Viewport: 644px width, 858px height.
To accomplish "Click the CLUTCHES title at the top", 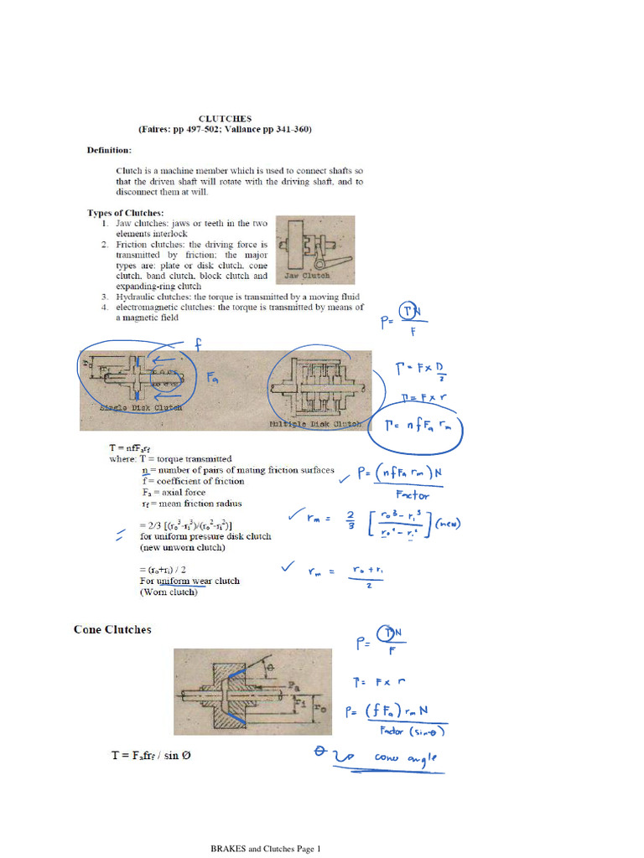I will click(x=225, y=119).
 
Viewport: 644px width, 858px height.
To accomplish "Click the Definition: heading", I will click(x=110, y=151).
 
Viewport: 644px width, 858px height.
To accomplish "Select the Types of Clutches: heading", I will click(x=126, y=213).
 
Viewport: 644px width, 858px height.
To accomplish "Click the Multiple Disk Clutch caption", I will click(x=317, y=423).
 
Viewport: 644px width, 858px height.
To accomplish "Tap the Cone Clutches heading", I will click(x=112, y=629).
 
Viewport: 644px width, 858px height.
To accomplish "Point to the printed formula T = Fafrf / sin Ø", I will click(x=151, y=755).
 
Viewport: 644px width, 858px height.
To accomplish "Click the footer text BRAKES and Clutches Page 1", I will click(x=265, y=849).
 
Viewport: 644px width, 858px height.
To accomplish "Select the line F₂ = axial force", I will click(x=174, y=493).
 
